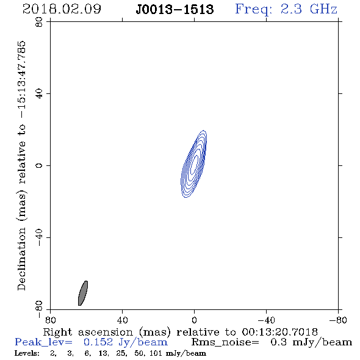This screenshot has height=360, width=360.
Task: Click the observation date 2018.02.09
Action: click(62, 9)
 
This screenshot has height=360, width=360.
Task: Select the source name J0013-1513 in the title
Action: click(175, 10)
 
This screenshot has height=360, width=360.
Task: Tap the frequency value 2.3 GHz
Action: click(309, 9)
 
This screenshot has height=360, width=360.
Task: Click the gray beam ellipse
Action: click(83, 293)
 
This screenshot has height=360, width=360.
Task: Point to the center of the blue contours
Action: click(194, 164)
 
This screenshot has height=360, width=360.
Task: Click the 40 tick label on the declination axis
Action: click(39, 94)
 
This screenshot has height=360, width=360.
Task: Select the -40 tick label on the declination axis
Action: click(39, 237)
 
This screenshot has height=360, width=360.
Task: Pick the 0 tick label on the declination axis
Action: click(39, 165)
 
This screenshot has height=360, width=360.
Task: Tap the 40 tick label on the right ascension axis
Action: click(123, 320)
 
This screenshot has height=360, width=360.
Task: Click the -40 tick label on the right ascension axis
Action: click(266, 320)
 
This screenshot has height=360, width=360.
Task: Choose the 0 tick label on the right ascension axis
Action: click(194, 320)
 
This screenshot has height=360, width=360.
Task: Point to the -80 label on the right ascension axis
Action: click(338, 320)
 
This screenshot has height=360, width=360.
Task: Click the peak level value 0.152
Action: click(98, 342)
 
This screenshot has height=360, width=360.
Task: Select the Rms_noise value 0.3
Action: click(278, 342)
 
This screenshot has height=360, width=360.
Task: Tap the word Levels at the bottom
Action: click(27, 353)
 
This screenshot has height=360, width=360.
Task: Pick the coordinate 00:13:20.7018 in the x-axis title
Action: click(279, 332)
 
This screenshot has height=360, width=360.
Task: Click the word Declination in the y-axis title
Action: click(21, 259)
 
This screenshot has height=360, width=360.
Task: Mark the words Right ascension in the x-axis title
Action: click(88, 333)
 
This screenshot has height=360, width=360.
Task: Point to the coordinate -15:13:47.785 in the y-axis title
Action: click(21, 80)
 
